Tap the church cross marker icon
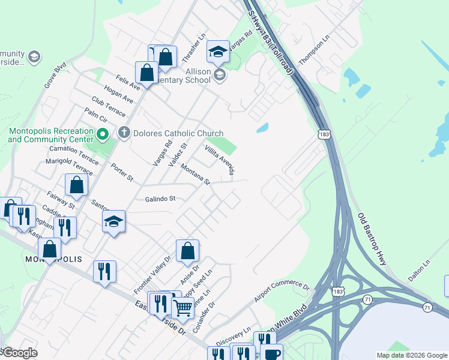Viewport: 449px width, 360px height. [124, 133]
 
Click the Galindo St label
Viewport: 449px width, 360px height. [160, 199]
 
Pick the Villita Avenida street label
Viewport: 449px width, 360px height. [218, 159]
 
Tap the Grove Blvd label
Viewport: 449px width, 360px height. [55, 77]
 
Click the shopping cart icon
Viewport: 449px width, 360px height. [182, 308]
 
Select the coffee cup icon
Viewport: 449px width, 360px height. [271, 353]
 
